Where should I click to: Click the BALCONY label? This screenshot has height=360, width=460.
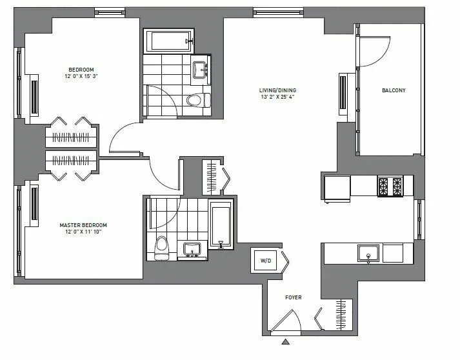(394, 90)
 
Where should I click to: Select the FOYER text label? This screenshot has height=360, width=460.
(294, 297)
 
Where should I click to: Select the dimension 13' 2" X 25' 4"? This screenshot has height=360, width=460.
(276, 97)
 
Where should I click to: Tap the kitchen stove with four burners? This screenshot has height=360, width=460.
(390, 186)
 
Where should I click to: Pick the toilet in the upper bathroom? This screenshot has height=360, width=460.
(196, 100)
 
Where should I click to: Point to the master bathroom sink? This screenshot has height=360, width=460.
(192, 249)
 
